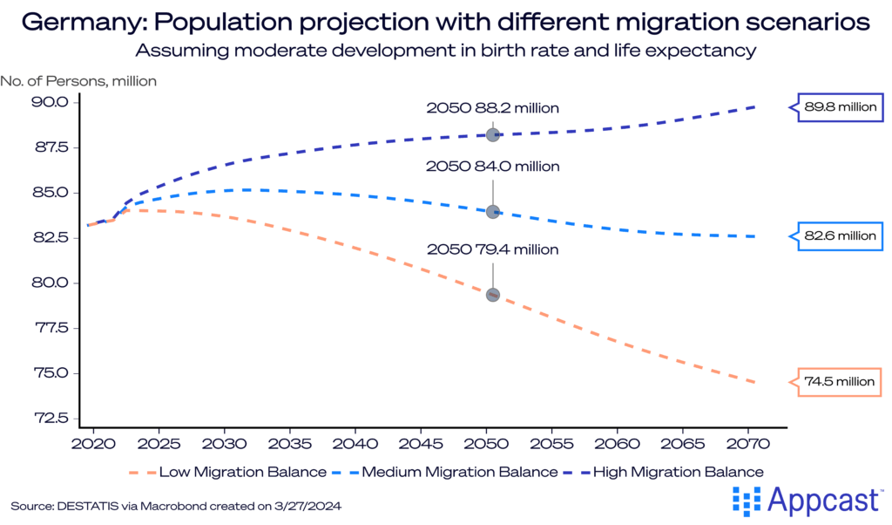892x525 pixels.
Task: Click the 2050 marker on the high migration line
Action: pos(493,135)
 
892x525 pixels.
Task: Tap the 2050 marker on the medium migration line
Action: pos(493,212)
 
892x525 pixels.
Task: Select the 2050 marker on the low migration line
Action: pos(493,295)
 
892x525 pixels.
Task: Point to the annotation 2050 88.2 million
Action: pos(492,108)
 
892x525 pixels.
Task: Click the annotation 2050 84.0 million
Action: pos(492,166)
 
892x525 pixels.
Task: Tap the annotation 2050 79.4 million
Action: pos(492,249)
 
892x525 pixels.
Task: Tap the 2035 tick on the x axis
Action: pos(291,443)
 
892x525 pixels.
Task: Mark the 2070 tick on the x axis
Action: pos(748,443)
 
